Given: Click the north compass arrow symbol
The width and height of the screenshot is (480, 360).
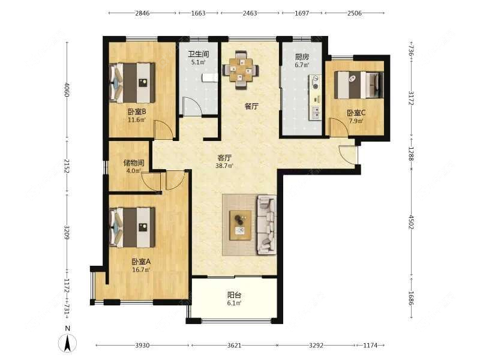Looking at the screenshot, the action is click(68, 343).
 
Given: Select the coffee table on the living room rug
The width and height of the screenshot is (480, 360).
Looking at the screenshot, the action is click(241, 225).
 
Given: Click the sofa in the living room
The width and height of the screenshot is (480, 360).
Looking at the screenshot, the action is click(266, 225).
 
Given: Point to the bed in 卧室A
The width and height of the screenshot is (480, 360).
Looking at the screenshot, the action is click(132, 227).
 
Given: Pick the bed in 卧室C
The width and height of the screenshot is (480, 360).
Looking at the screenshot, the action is click(359, 85).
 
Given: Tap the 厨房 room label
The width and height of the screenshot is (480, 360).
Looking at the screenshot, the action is click(302, 57).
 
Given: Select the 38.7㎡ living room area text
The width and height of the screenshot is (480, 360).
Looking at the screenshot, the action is click(224, 166).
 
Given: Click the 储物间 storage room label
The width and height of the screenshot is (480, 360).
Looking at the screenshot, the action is click(134, 163).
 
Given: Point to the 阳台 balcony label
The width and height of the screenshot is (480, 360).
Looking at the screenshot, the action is click(234, 295).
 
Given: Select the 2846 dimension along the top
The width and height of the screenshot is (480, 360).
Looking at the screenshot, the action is click(142, 13).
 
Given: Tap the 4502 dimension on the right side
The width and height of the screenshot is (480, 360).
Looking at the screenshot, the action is click(411, 222).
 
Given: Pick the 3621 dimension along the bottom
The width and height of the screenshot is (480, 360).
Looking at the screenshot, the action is click(234, 346).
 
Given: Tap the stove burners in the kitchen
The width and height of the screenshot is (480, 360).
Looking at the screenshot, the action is click(315, 82).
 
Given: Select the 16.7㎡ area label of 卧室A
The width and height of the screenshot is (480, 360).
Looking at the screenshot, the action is click(141, 270).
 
